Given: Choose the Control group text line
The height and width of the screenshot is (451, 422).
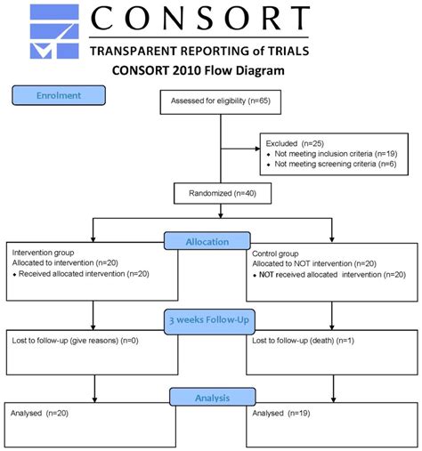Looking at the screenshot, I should click(277, 252).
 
